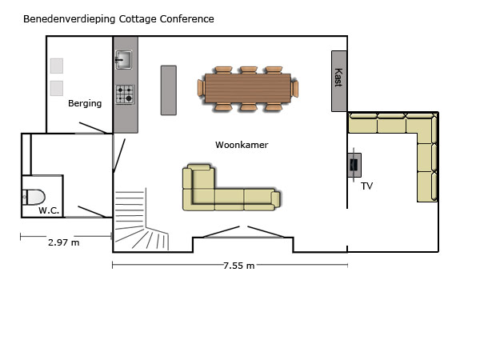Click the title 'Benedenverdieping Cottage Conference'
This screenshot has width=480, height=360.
(118, 19)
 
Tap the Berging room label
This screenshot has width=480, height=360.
(85, 103)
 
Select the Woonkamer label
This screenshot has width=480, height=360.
(242, 145)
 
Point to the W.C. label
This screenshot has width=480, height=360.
(49, 210)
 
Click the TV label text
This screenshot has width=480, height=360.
(366, 186)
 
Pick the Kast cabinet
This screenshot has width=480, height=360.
(339, 81)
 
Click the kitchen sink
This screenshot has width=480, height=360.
(124, 59)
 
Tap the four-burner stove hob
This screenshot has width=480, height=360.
(125, 94)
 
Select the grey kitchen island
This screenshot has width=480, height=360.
(169, 90)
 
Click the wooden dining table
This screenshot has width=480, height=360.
(248, 88)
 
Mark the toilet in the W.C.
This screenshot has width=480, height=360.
(34, 197)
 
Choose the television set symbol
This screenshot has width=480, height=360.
(354, 165)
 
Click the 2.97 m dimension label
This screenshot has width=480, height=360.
(64, 242)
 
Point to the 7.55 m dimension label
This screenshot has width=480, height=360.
(238, 266)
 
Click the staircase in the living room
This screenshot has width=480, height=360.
(141, 219)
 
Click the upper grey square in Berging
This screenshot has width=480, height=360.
(57, 66)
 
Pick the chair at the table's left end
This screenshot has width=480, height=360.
(201, 88)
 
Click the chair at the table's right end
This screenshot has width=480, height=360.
(294, 89)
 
